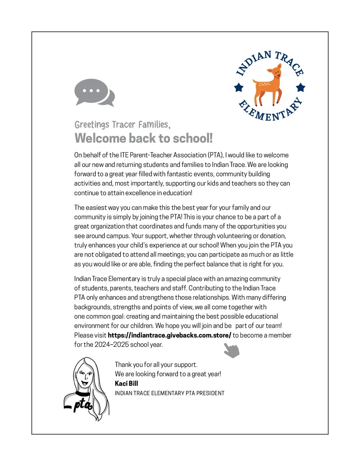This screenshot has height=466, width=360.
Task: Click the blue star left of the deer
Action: click(239, 87)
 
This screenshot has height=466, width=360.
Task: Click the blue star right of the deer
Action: click(301, 87)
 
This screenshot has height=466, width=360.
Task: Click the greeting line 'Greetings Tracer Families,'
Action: click(122, 125)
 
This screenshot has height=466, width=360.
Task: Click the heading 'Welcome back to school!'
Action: click(144, 138)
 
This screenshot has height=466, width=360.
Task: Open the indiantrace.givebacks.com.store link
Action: click(169, 335)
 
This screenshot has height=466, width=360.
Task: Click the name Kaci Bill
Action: click(126, 384)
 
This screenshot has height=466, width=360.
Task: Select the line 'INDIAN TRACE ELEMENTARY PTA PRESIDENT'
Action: click(169, 393)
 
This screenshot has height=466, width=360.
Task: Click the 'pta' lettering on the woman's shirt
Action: click(82, 404)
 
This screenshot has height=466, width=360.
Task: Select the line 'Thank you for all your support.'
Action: click(156, 364)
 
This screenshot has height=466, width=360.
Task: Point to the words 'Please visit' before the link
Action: click(90, 335)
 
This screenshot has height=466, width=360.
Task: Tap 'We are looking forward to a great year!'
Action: click(168, 374)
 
